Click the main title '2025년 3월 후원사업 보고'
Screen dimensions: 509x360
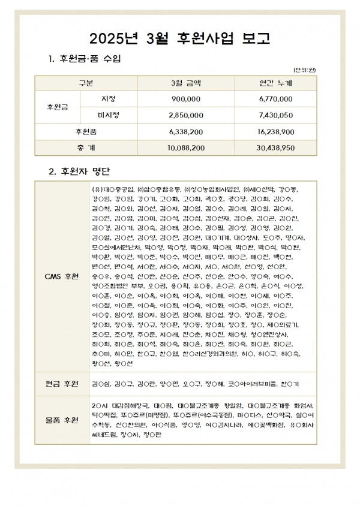[x=179, y=39]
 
